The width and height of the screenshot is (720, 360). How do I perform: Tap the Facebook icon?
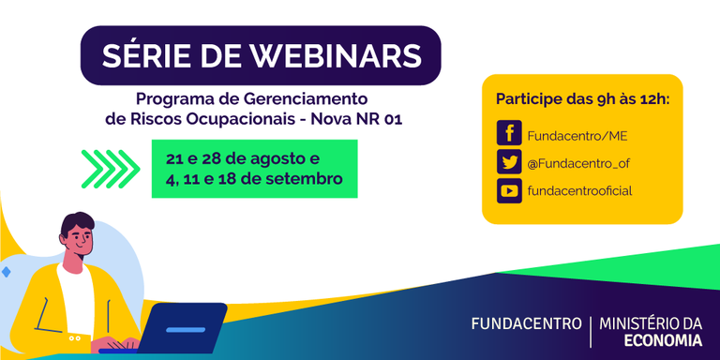click(x=509, y=135)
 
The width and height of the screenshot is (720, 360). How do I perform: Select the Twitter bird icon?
click(x=509, y=163)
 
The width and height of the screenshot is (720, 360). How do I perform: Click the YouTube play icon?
click(x=509, y=191)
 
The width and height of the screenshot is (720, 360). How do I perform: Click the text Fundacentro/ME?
click(x=570, y=136)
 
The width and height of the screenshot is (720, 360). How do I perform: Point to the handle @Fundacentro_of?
click(x=577, y=163)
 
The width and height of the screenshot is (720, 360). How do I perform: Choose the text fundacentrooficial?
click(x=579, y=191)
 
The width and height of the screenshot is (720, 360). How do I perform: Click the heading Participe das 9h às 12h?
click(x=582, y=99)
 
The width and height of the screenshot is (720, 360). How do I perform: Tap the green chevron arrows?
click(x=111, y=169)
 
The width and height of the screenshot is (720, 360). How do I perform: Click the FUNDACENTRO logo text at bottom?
click(x=525, y=324)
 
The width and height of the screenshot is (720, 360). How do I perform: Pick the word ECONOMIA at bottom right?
click(x=663, y=340)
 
